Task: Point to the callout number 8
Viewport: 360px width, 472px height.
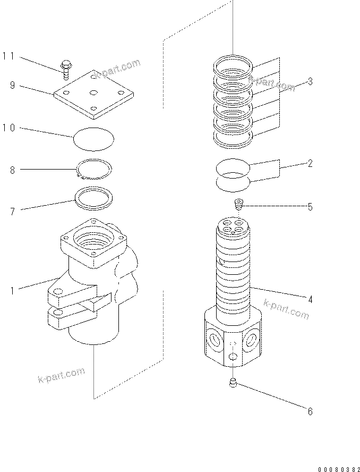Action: pyautogui.click(x=12, y=170)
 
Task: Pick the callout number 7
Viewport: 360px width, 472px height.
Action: pyautogui.click(x=12, y=212)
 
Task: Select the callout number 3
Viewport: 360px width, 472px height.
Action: pyautogui.click(x=310, y=81)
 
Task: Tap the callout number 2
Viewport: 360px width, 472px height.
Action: pyautogui.click(x=310, y=164)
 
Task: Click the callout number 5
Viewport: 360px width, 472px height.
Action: pyautogui.click(x=310, y=207)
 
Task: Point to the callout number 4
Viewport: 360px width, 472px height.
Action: pyautogui.click(x=310, y=300)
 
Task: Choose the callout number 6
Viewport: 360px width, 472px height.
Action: pyautogui.click(x=310, y=411)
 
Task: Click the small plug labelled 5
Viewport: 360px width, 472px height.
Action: pyautogui.click(x=239, y=204)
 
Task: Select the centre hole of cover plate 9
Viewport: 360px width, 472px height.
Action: pyautogui.click(x=94, y=93)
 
